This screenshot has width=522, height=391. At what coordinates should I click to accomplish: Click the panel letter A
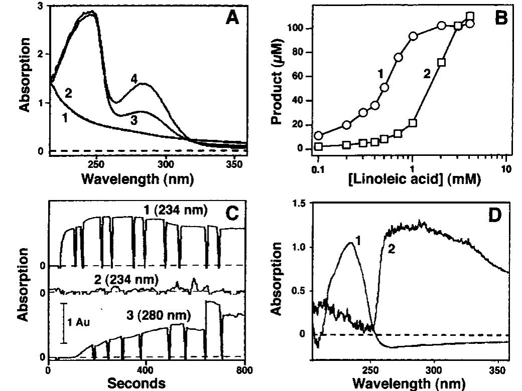click(232, 18)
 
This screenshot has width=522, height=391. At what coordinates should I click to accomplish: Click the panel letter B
click(500, 18)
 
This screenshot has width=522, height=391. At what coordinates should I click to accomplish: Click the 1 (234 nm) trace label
click(172, 211)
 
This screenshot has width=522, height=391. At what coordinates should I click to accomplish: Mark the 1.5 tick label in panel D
click(299, 204)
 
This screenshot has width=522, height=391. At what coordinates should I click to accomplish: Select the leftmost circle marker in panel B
click(318, 136)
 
